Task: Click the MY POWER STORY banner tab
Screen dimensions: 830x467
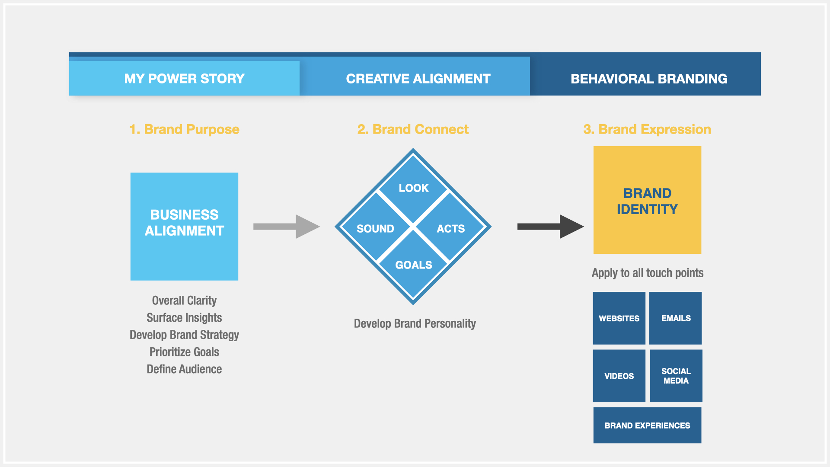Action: (x=184, y=78)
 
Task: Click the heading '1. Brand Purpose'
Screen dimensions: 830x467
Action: (x=184, y=129)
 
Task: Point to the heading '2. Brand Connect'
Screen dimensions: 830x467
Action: (x=413, y=129)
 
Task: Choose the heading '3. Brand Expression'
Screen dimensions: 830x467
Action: (x=647, y=129)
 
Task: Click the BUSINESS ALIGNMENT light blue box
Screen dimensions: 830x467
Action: (x=184, y=227)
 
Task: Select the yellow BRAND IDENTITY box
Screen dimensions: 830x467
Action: (x=647, y=200)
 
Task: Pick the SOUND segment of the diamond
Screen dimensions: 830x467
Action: (x=375, y=227)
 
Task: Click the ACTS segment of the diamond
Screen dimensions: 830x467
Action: (x=451, y=227)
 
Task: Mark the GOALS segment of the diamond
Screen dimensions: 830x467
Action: (x=413, y=265)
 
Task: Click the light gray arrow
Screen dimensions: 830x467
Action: (x=287, y=227)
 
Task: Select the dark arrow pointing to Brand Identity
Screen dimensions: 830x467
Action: (x=551, y=227)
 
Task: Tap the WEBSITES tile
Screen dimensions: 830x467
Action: (x=619, y=318)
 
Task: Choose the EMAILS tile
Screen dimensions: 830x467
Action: (x=676, y=318)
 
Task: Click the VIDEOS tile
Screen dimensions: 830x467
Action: (x=619, y=376)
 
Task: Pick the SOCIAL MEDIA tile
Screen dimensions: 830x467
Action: (x=676, y=376)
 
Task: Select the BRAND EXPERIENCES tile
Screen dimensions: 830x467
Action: (x=647, y=425)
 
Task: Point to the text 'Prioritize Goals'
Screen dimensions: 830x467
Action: (x=184, y=352)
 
